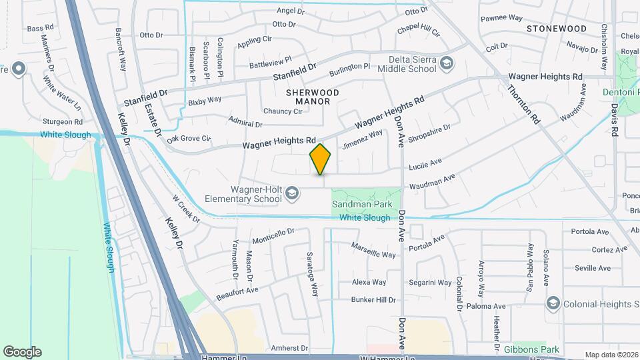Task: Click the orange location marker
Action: click(320, 159)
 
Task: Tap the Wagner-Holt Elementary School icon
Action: click(291, 194)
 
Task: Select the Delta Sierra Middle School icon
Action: click(447, 64)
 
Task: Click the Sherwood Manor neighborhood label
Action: click(313, 97)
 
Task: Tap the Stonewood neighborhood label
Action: click(556, 29)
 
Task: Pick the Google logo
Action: click(22, 351)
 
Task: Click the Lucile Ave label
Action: click(425, 163)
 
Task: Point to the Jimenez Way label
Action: click(363, 139)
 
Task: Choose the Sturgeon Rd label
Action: click(63, 122)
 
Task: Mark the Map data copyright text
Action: click(611, 355)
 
